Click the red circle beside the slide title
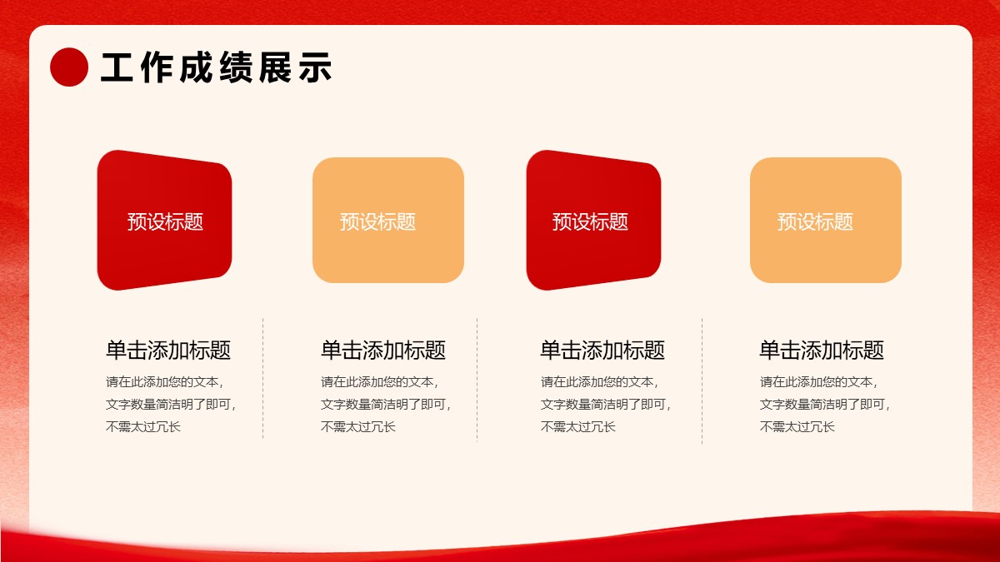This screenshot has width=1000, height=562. [69, 67]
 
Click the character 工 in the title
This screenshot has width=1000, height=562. [117, 67]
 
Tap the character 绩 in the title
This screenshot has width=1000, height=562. [236, 67]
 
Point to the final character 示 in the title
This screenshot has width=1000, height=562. [315, 67]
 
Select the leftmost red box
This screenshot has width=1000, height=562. [164, 221]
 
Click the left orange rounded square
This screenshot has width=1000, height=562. [388, 220]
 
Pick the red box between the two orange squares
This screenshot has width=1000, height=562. [593, 221]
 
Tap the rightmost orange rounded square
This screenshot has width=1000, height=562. [826, 220]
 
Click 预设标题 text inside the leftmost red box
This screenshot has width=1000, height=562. [165, 221]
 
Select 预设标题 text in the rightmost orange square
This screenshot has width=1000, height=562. [815, 221]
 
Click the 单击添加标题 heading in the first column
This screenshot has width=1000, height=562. [168, 350]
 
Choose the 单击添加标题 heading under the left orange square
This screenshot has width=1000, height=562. [383, 350]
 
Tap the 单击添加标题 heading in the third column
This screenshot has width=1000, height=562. [602, 350]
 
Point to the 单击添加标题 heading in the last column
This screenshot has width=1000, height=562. [822, 350]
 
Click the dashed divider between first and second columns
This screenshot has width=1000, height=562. [263, 379]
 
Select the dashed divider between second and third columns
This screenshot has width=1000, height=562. [477, 380]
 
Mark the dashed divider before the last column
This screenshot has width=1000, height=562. [702, 381]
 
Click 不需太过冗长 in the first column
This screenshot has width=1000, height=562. [142, 427]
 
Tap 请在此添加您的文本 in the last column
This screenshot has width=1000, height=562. [816, 382]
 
